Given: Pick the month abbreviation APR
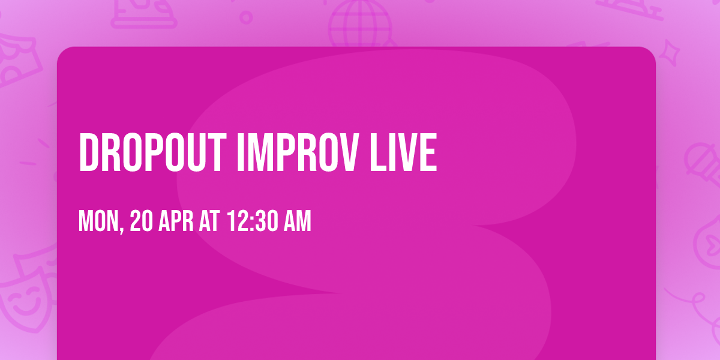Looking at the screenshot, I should click(177, 222).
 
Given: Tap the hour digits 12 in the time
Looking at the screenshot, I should click(236, 222).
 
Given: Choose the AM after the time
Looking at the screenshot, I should click(298, 222).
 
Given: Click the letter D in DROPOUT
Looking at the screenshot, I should click(88, 153).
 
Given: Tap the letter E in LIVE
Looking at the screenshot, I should click(428, 153).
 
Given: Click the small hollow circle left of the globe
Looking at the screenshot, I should click(246, 16).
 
